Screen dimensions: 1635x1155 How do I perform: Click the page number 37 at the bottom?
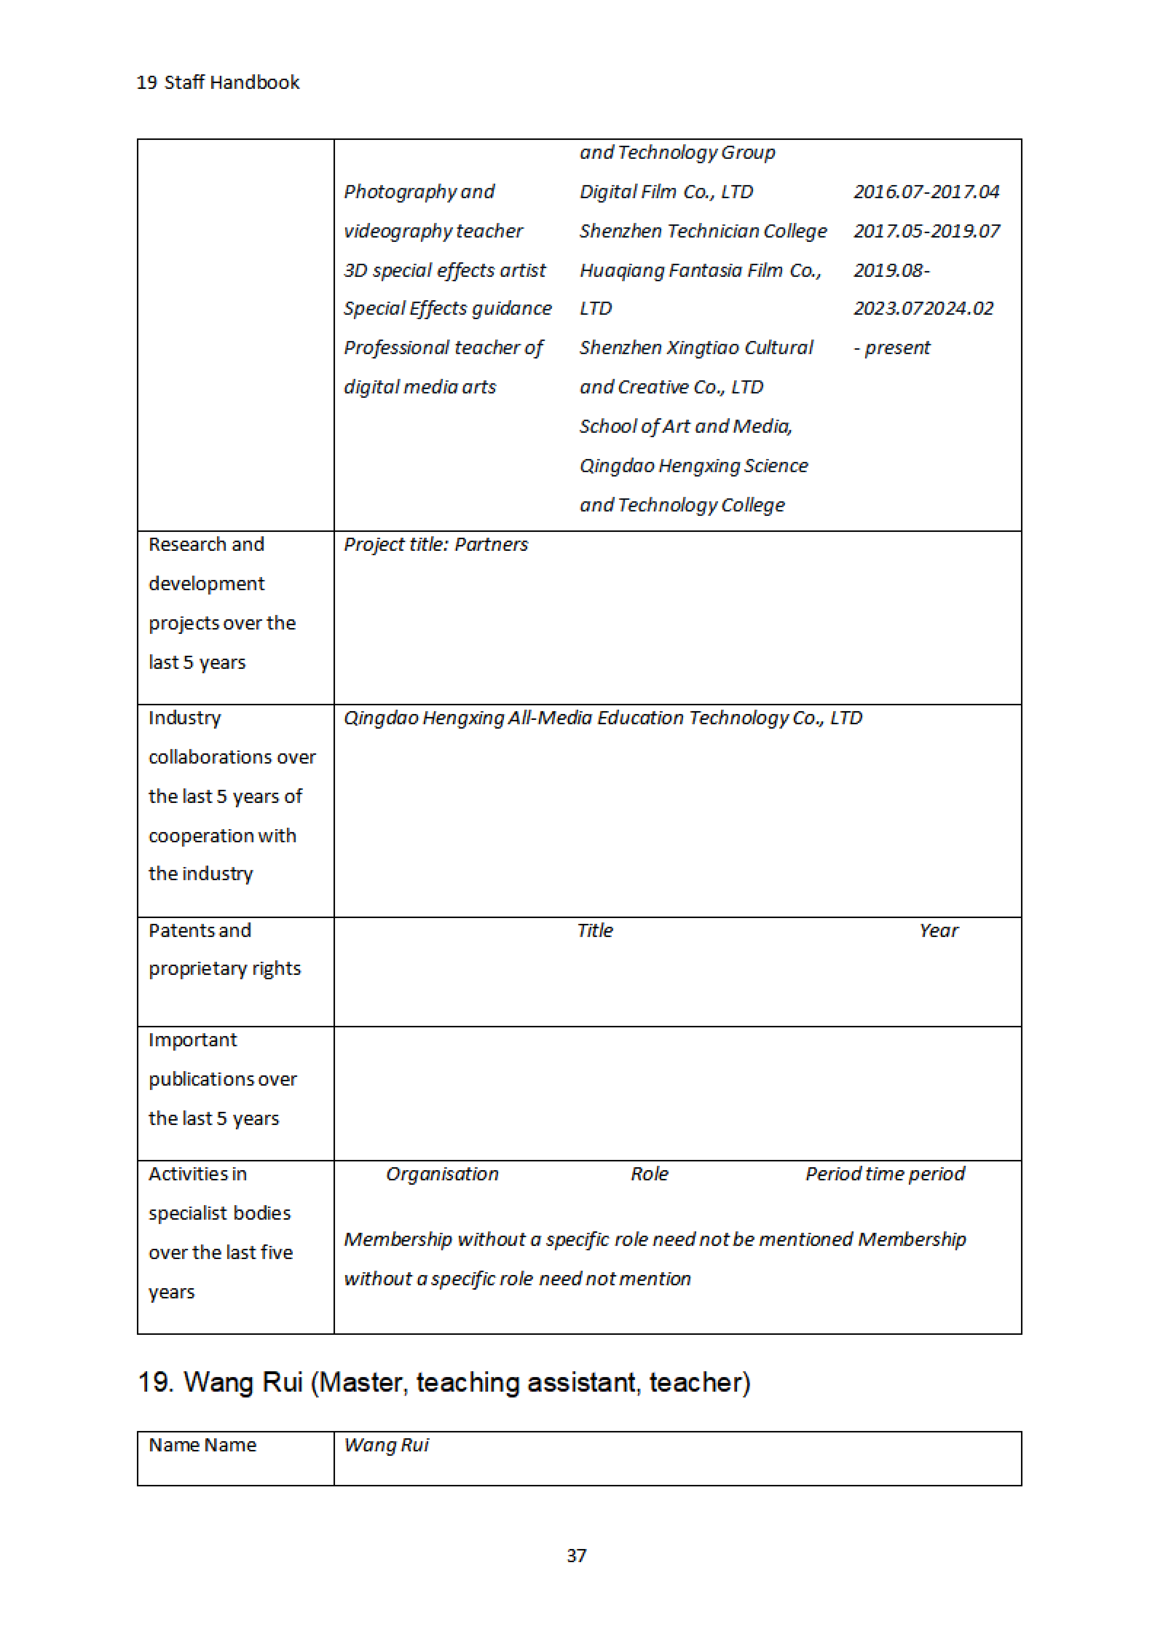point(576,1555)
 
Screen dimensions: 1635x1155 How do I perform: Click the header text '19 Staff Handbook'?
point(218,83)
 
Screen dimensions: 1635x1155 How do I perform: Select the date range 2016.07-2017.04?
point(926,192)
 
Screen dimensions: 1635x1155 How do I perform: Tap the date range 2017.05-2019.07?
point(927,231)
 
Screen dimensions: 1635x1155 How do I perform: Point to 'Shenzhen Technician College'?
point(702,231)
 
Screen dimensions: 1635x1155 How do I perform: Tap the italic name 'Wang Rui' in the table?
point(386,1445)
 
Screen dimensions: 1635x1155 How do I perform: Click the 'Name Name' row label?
point(202,1445)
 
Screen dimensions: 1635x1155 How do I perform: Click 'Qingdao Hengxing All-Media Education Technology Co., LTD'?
point(602,718)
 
